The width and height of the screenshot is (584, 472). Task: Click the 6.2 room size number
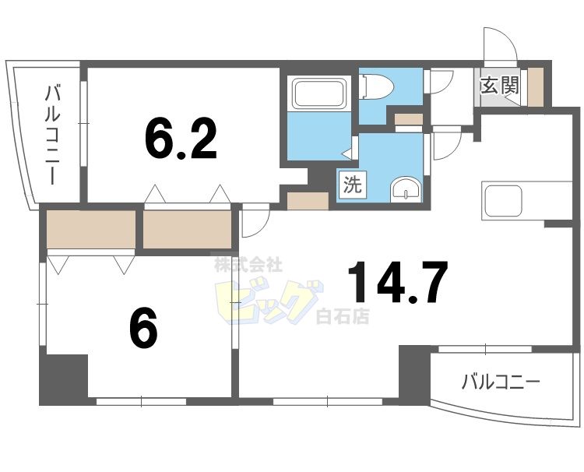180,138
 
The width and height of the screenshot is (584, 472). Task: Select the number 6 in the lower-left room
144,329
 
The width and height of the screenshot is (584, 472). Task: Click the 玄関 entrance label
499,85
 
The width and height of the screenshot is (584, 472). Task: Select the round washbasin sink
404,189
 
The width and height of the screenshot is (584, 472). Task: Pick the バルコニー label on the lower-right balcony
501,382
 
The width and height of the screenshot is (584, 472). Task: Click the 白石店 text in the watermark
343,316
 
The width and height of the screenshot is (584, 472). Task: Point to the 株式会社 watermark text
248,265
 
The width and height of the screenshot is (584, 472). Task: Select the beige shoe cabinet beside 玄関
536,87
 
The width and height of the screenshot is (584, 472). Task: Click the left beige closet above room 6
91,227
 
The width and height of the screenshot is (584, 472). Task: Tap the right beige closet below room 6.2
188,227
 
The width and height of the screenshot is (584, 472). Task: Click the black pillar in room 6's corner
63,379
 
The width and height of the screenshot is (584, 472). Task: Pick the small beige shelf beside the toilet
408,119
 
